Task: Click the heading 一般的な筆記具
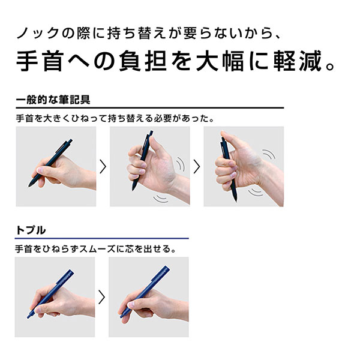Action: tap(53, 100)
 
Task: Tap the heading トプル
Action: tap(31, 230)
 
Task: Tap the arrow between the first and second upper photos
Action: tap(103, 166)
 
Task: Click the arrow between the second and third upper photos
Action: tap(197, 166)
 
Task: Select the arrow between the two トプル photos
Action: tap(102, 297)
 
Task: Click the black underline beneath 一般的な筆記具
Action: tap(150, 107)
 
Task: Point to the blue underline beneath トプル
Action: tap(102, 239)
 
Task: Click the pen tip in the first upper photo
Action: tap(29, 185)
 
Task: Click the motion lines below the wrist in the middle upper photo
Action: tap(161, 199)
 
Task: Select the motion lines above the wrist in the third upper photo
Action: tap(269, 154)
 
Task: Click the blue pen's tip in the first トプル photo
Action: tap(28, 317)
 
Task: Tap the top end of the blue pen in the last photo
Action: tap(167, 268)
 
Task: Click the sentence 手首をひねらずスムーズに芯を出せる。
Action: tap(95, 249)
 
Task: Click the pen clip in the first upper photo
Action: tap(61, 146)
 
